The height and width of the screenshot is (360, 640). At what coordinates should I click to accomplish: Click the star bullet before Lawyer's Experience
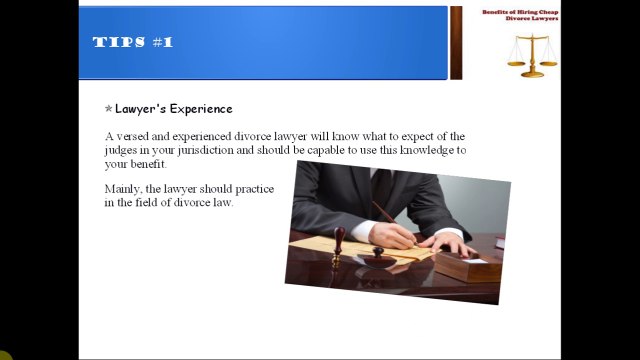[108, 109]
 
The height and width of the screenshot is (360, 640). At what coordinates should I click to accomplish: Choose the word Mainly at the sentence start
[123, 188]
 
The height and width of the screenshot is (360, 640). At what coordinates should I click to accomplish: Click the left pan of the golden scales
[516, 60]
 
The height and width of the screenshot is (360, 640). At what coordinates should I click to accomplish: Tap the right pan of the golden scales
[549, 60]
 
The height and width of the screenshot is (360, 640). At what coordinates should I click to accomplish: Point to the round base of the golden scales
[533, 73]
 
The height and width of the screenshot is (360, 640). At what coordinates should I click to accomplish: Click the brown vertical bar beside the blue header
[456, 43]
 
